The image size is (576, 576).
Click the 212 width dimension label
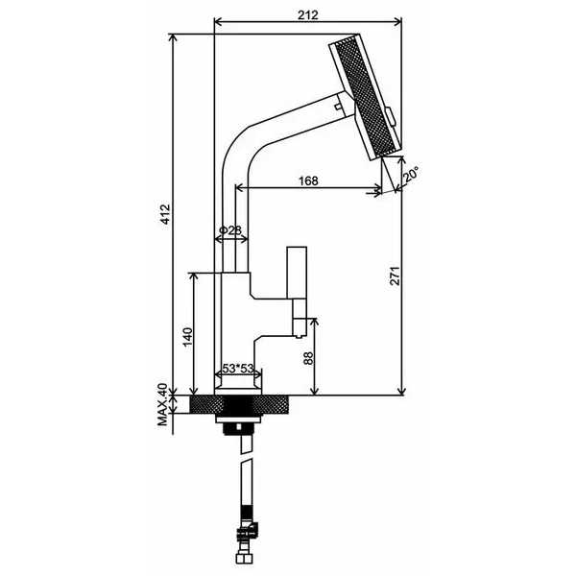(x=308, y=15)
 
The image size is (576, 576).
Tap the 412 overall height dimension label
(x=166, y=214)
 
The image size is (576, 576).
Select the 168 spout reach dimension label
(x=308, y=181)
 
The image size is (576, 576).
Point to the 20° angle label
(x=411, y=175)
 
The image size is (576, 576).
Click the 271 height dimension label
(x=395, y=276)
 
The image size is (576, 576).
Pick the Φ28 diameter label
(x=230, y=230)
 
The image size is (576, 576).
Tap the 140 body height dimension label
(x=188, y=337)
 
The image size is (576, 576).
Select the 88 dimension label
(x=309, y=358)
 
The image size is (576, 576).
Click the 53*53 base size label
(x=238, y=368)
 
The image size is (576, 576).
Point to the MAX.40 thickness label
(x=162, y=404)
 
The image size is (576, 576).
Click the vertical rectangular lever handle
(x=297, y=273)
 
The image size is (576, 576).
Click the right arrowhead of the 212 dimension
(x=397, y=22)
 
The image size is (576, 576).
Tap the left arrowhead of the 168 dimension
(x=239, y=188)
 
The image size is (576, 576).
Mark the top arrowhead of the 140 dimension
(x=194, y=277)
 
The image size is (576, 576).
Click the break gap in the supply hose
(x=247, y=457)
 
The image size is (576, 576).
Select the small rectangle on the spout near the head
(x=337, y=107)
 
